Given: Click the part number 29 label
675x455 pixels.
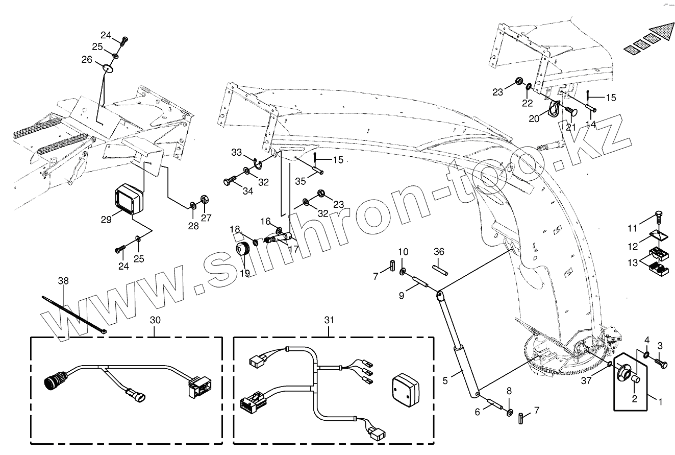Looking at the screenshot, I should [106, 220].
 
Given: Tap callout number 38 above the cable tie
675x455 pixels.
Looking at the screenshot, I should [63, 281].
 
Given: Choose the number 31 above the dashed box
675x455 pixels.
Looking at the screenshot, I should [329, 320].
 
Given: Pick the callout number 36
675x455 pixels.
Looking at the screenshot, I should [439, 251].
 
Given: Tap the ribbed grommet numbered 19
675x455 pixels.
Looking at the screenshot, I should [242, 251].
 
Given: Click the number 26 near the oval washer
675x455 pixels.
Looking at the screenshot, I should [87, 60].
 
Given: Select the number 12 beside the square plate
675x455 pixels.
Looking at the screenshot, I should [633, 247].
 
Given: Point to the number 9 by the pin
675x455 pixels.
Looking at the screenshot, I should [402, 295].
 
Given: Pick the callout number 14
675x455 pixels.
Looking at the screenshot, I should [591, 124].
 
